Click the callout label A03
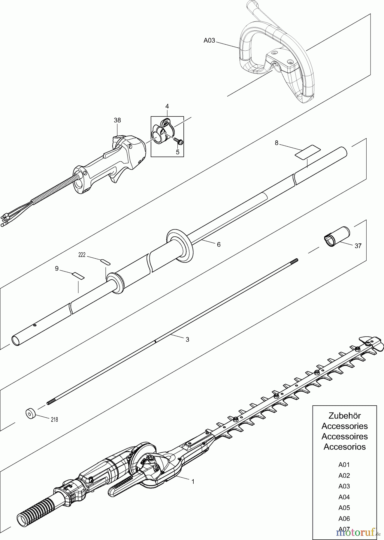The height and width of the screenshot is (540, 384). pos(209,40)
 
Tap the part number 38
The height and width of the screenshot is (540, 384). pos(117,120)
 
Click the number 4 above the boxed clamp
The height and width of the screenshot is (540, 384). pos(167,106)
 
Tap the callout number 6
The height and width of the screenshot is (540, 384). pos(219,244)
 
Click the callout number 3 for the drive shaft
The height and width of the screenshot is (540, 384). pos(187,339)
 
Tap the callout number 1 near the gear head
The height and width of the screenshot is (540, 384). pos(193,481)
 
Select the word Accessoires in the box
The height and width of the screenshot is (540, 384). pos(344,436)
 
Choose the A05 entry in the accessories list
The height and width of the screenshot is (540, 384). pos(344,508)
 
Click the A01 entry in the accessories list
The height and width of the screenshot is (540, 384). pos(344,464)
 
